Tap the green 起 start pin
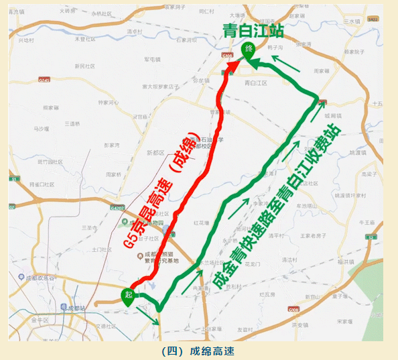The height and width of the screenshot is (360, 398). tap(127, 295)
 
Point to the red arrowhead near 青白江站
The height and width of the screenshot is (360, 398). tap(232, 66)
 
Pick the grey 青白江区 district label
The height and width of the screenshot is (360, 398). tap(256, 83)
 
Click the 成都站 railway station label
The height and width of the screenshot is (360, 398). tap(79, 308)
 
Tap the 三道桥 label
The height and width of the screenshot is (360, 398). tap(72, 123)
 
